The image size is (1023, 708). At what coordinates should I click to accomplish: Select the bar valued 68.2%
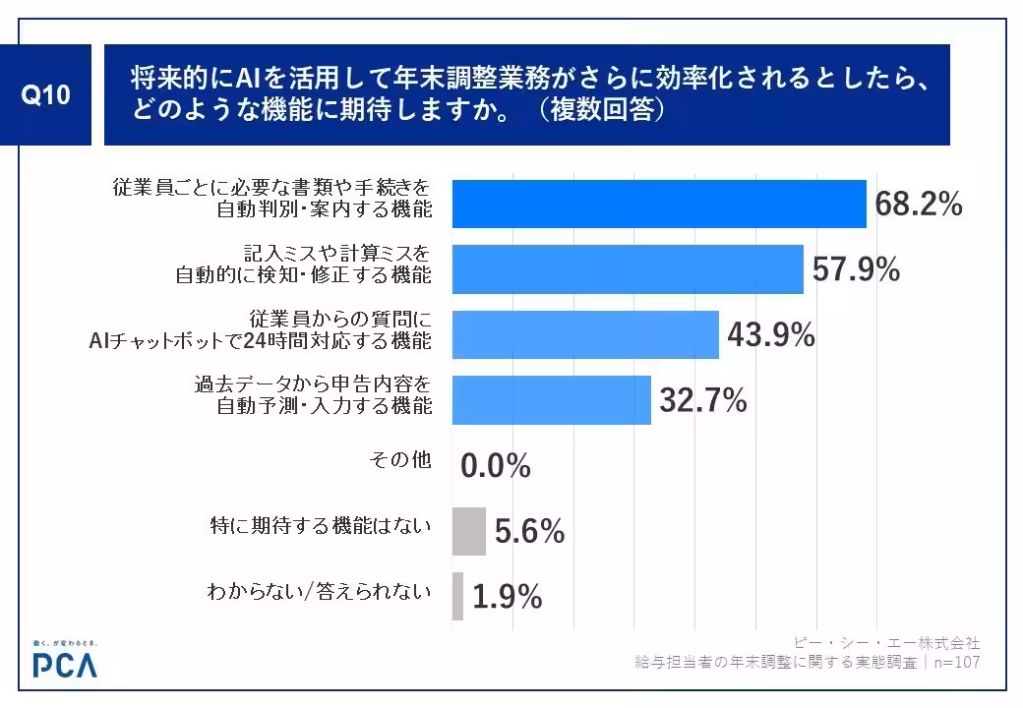point(658,204)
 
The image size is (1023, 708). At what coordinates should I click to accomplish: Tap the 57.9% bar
point(628,269)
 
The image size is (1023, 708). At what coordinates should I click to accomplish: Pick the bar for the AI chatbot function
point(585,335)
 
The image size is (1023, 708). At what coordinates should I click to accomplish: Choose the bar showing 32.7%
point(551,400)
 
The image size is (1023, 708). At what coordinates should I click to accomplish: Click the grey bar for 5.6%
point(468,532)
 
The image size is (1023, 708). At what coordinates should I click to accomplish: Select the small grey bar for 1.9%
point(457,597)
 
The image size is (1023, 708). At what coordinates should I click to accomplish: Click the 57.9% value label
point(856,269)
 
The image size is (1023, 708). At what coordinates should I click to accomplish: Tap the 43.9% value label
point(770,335)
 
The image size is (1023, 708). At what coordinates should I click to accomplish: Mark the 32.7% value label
point(702,400)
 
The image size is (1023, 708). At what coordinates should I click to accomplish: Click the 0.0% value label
point(496,466)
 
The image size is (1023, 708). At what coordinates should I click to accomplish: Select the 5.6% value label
point(529,532)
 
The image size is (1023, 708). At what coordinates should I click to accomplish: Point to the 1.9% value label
point(508,597)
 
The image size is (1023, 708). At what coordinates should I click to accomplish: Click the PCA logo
point(65,662)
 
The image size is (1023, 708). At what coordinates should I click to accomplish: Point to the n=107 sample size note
point(957,663)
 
